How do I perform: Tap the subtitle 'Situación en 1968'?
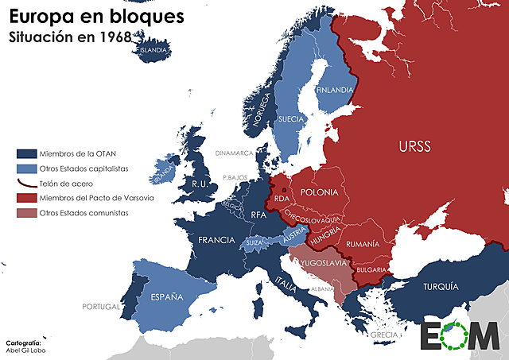(69, 37)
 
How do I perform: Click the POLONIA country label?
(319, 193)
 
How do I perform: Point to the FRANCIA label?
(216, 239)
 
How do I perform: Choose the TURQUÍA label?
(441, 286)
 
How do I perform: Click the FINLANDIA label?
(335, 90)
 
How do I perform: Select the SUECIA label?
(293, 120)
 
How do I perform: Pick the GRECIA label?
(383, 335)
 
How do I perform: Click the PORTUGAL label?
(99, 306)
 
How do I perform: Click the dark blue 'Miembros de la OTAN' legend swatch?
(26, 153)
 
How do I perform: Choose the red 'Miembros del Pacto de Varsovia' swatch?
(26, 198)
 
